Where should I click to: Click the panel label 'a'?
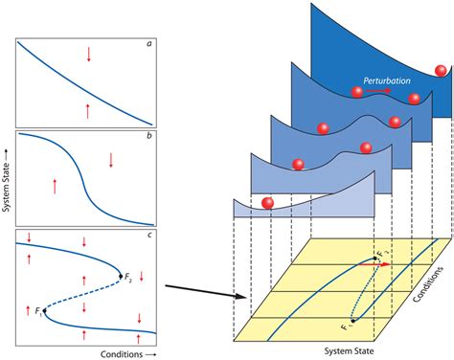coord(148,42)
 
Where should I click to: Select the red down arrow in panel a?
coord(89,54)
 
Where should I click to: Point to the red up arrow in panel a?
coord(89,109)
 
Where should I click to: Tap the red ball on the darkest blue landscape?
coord(440,69)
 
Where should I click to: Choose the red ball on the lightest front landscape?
coord(268,202)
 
